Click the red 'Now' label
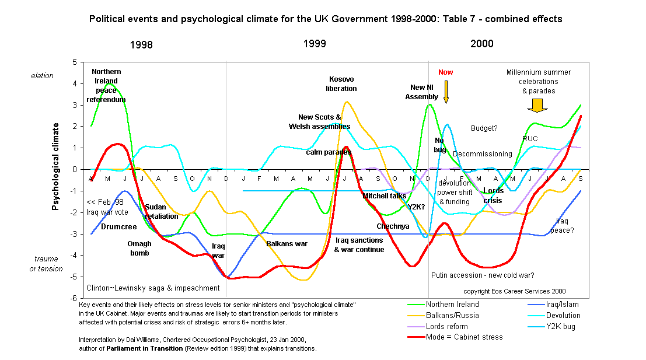click(x=446, y=72)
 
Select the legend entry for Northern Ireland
click(x=452, y=304)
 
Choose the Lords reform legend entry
click(x=446, y=327)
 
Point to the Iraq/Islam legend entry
click(x=558, y=304)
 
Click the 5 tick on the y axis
click(x=75, y=62)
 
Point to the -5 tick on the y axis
click(x=74, y=277)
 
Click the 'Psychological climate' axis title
click(x=56, y=166)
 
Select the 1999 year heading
click(x=315, y=44)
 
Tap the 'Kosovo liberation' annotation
click(x=341, y=83)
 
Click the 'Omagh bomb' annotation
click(x=139, y=249)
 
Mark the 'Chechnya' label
click(x=393, y=226)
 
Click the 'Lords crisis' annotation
click(x=493, y=195)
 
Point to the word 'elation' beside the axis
click(x=42, y=75)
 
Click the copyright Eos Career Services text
click(x=514, y=291)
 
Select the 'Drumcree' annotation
click(x=118, y=226)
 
